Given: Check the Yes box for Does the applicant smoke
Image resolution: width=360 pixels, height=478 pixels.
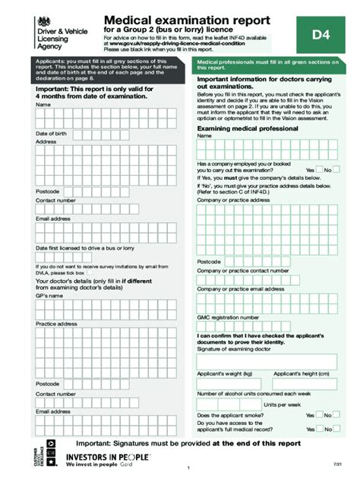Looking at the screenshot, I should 319,416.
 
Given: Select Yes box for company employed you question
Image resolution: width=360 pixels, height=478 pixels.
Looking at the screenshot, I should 319,170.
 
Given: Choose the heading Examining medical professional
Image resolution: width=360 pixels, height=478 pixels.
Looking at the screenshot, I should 247,129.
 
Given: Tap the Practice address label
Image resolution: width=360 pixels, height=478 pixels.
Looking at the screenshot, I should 56,324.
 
